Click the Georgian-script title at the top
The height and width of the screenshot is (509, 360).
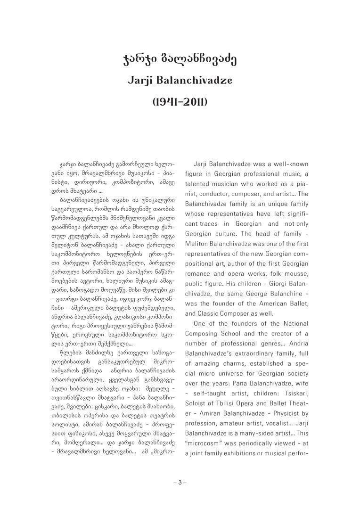tap(180, 60)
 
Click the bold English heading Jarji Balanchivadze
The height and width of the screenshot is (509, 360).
tap(180, 81)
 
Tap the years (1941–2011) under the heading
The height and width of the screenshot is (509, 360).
tap(180, 102)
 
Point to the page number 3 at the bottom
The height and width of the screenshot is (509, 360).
tap(180, 482)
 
